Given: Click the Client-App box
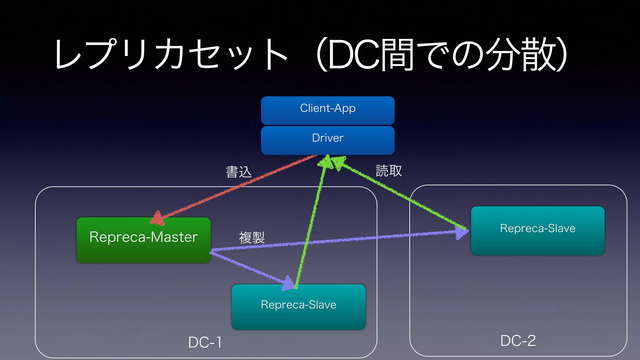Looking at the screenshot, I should (x=327, y=110).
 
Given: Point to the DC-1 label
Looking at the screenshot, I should (x=205, y=342).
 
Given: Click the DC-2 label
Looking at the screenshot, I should (x=518, y=341).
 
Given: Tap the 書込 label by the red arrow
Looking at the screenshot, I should (x=238, y=172).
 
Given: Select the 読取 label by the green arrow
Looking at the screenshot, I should (x=388, y=171).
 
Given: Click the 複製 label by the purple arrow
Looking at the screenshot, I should (x=252, y=237).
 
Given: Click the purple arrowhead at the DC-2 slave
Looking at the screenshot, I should (x=462, y=232).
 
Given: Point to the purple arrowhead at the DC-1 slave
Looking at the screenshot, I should (x=288, y=283).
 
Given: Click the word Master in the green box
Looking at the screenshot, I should (x=174, y=237).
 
